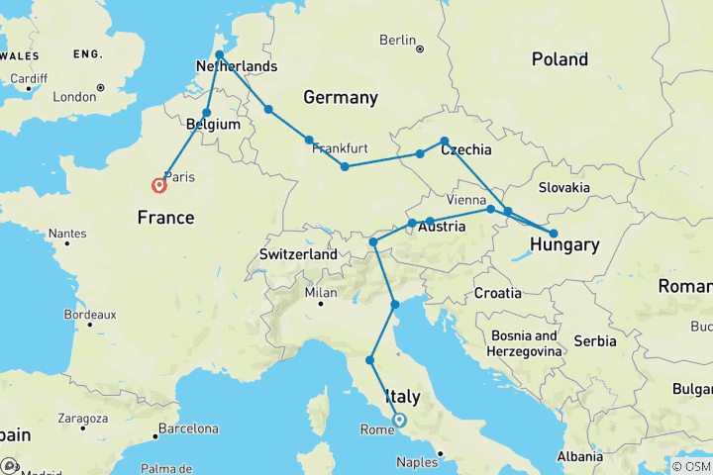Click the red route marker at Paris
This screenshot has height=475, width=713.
(x=158, y=185)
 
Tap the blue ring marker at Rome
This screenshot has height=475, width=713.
(x=399, y=420)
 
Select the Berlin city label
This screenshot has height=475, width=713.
(x=396, y=41)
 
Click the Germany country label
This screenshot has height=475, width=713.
(x=341, y=97)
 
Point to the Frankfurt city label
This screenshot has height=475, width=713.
(x=340, y=148)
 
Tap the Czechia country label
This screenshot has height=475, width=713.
(x=465, y=149)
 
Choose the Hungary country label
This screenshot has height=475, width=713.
(x=563, y=244)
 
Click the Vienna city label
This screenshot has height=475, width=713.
(x=466, y=200)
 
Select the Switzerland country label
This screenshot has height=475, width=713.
(x=299, y=254)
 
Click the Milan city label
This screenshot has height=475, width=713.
(x=321, y=292)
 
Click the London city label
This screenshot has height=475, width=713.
(x=74, y=97)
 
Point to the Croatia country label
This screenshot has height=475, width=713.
(x=497, y=293)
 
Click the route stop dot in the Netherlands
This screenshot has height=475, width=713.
(x=219, y=54)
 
